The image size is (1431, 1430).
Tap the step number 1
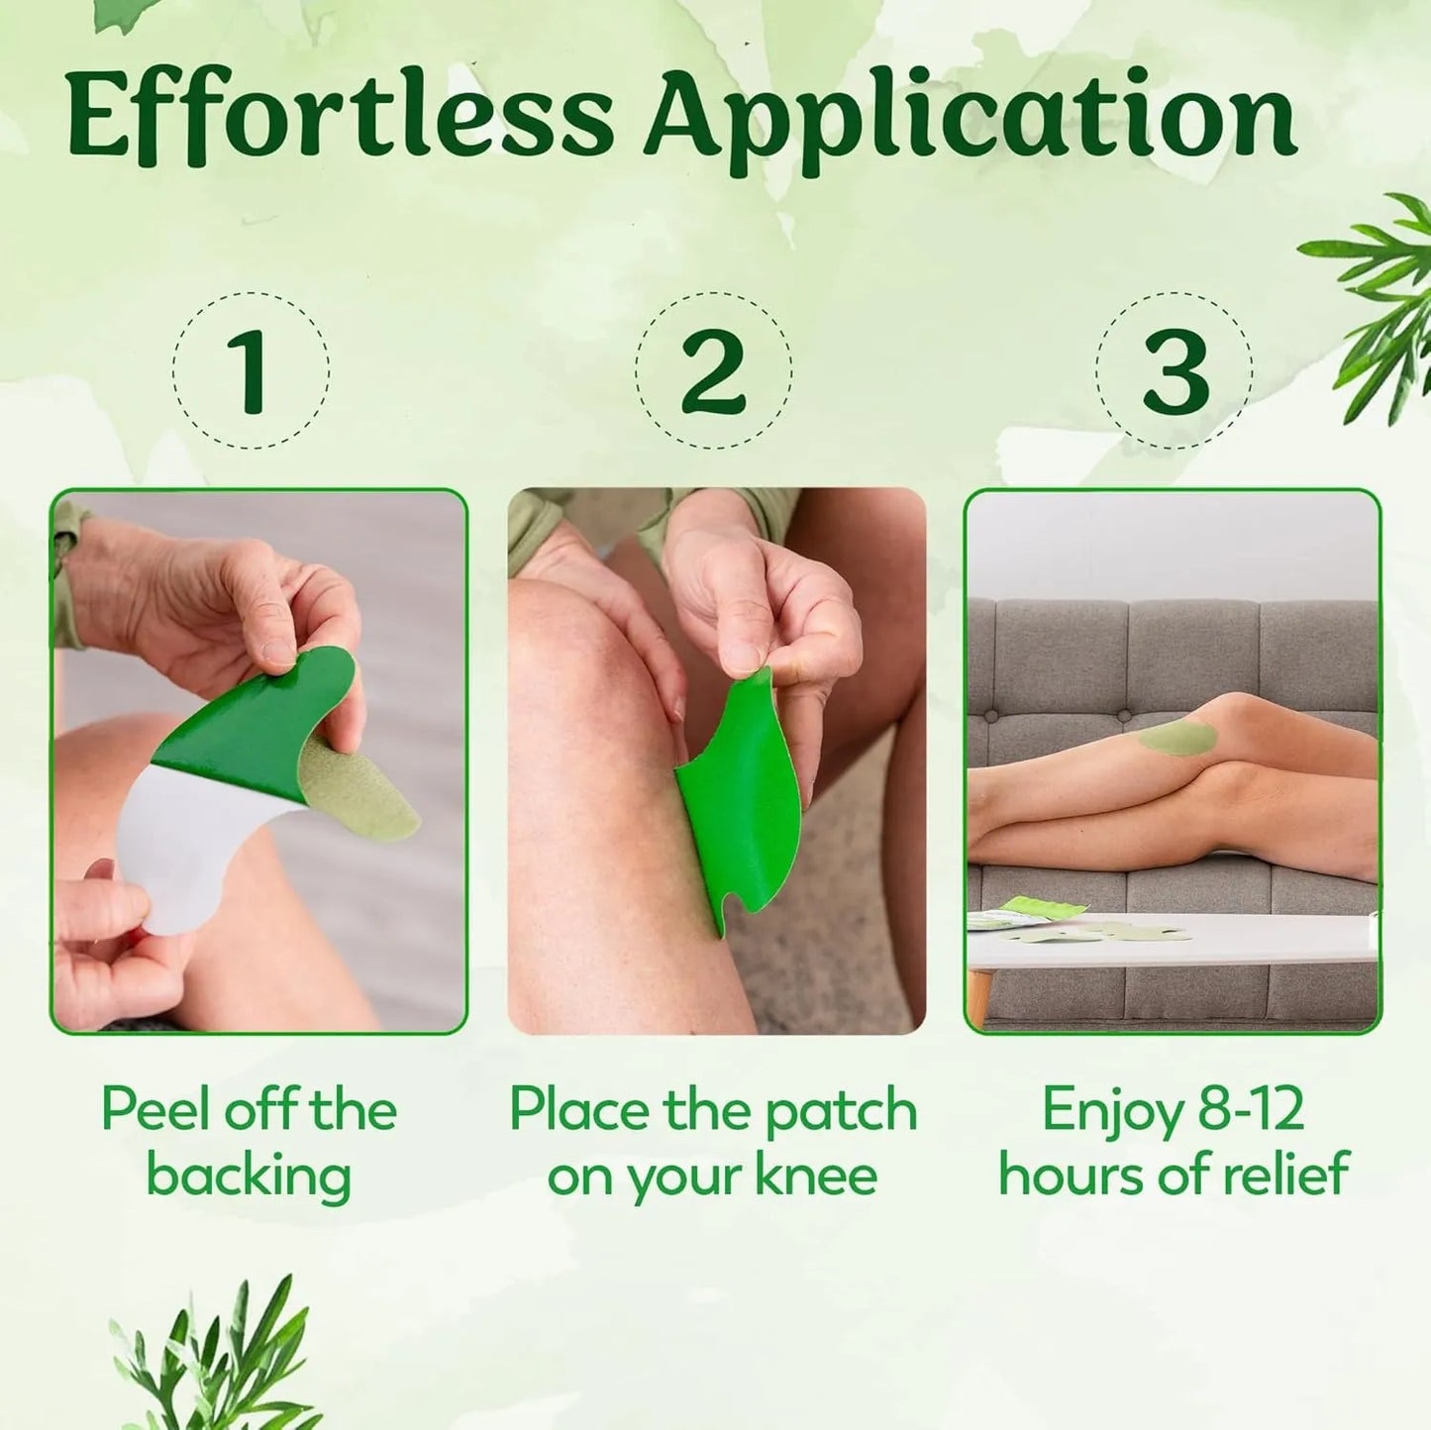tap(251, 370)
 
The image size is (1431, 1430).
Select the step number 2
tap(713, 370)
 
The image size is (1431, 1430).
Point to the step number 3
tap(1175, 370)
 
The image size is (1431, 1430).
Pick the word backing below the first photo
tap(249, 1176)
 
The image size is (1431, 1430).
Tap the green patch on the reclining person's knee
tap(1177, 737)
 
